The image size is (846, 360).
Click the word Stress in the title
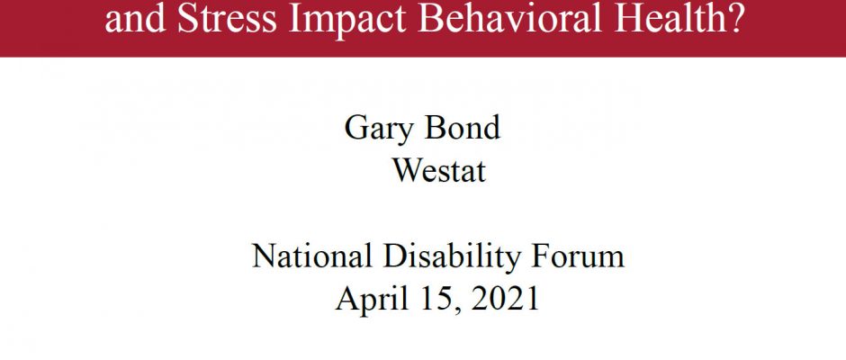(227, 19)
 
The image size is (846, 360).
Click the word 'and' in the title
(135, 19)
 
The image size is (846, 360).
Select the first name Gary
(378, 130)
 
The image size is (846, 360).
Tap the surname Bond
(463, 128)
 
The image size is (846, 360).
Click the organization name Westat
(438, 170)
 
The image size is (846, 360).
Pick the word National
(312, 256)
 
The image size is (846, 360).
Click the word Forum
(578, 256)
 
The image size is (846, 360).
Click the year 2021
(505, 299)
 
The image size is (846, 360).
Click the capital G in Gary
(355, 128)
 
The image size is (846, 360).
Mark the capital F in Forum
(541, 256)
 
